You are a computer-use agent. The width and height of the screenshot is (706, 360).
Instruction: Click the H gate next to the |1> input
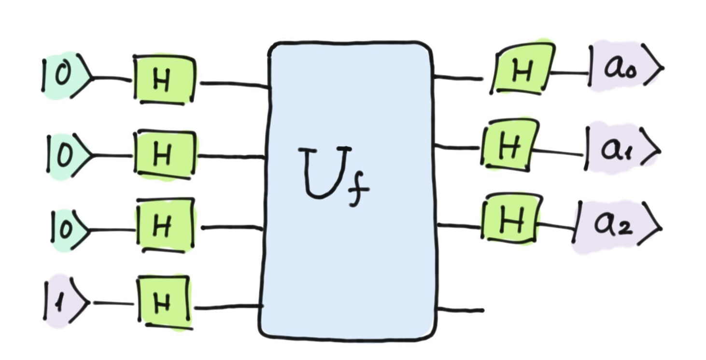(164, 303)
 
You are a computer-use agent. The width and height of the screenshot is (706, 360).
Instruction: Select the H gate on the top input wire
(164, 80)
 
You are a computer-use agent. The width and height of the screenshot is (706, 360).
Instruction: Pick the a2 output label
(616, 226)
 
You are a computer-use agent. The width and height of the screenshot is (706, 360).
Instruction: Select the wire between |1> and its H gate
(113, 303)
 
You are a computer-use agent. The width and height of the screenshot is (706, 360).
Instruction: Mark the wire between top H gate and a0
(570, 73)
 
